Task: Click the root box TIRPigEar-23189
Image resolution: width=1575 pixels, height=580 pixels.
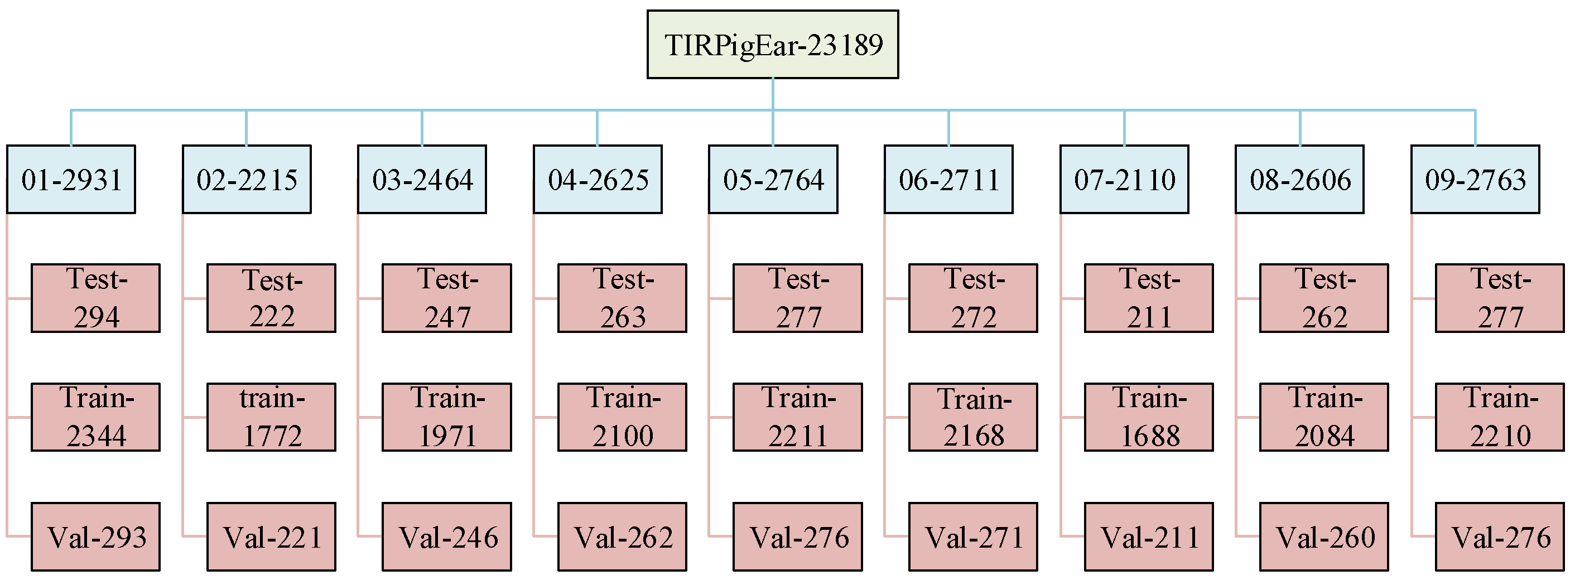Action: [x=772, y=44]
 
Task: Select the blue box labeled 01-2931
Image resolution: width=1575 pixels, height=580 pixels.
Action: [x=71, y=179]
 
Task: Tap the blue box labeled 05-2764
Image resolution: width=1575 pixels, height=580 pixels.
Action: [x=773, y=179]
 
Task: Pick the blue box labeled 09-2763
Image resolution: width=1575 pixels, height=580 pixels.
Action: [x=1475, y=179]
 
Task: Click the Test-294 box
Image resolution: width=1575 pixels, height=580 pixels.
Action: [x=95, y=298]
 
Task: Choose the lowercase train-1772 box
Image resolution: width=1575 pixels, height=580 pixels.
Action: [x=271, y=417]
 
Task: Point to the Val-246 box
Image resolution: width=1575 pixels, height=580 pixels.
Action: [x=446, y=536]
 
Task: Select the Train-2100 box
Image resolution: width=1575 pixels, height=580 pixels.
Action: [x=622, y=417]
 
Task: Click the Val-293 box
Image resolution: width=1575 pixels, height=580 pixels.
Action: [x=95, y=536]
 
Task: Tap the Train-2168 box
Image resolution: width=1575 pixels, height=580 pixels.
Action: [x=973, y=417]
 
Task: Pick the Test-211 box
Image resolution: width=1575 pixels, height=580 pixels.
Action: [x=1148, y=298]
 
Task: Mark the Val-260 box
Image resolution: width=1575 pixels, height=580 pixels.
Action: [x=1324, y=536]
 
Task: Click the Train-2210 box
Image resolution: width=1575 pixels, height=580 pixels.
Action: [x=1499, y=417]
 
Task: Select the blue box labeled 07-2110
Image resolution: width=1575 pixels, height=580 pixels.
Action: [x=1124, y=179]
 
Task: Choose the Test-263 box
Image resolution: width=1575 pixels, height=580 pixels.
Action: [x=622, y=298]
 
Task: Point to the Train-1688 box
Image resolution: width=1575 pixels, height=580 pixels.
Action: [x=1148, y=417]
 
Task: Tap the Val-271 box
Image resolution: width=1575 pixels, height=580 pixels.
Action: [x=973, y=536]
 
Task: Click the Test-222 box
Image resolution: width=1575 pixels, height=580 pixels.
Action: [x=271, y=298]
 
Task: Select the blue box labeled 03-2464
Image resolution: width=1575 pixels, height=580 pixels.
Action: [x=422, y=179]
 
